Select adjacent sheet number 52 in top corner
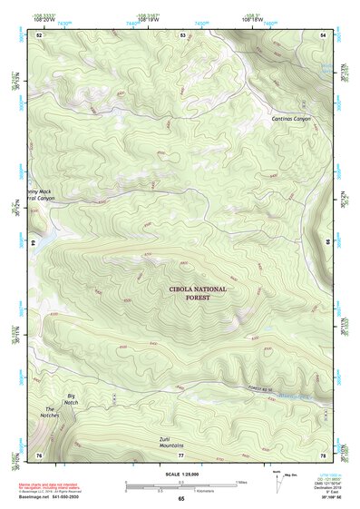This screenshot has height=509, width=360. (x=39, y=34)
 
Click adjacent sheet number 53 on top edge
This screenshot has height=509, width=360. (x=182, y=34)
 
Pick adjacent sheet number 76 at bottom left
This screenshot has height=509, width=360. (x=39, y=455)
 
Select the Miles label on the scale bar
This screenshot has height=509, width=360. (x=240, y=481)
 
